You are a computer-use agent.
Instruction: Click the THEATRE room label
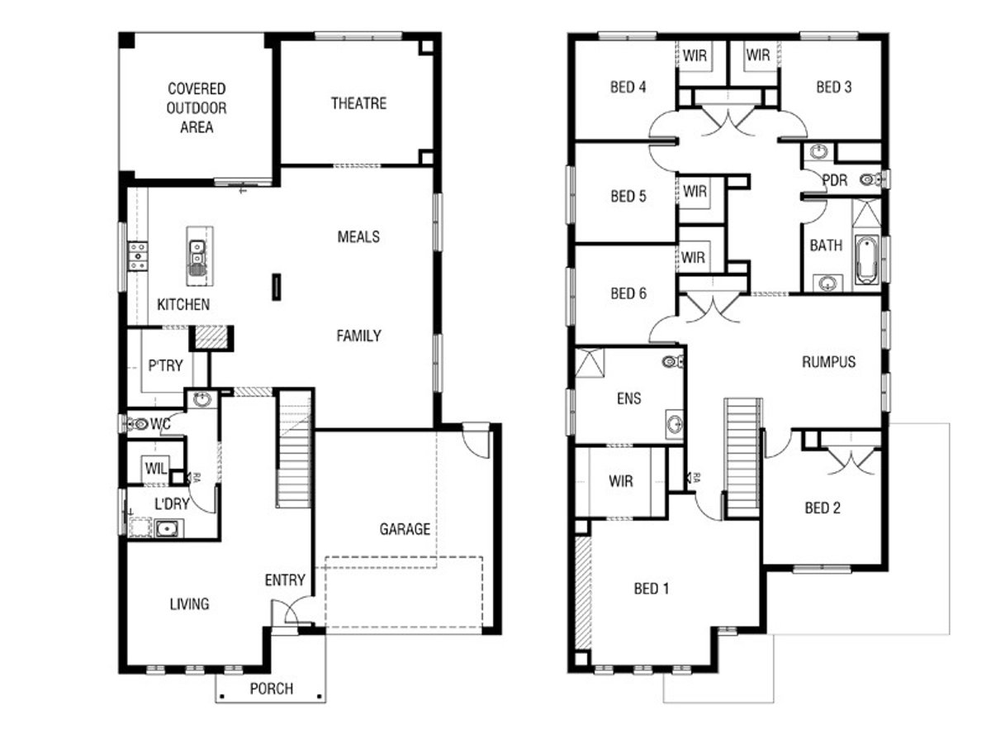click(x=358, y=103)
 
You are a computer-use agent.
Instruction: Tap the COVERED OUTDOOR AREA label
click(x=197, y=107)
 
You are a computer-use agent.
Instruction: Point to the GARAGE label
click(x=405, y=528)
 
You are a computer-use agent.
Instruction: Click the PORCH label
click(x=271, y=689)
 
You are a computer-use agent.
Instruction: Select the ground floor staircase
click(x=293, y=451)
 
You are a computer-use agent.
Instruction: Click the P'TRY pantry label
click(x=165, y=365)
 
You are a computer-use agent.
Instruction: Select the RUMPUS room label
click(x=828, y=362)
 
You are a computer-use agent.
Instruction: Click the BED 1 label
click(x=652, y=589)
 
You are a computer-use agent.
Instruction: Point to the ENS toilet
click(x=672, y=361)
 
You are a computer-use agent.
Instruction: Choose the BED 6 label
click(x=628, y=293)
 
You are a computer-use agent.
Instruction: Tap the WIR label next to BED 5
click(x=695, y=192)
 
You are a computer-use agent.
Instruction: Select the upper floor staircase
click(x=742, y=456)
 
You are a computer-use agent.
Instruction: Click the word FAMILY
click(x=358, y=336)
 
